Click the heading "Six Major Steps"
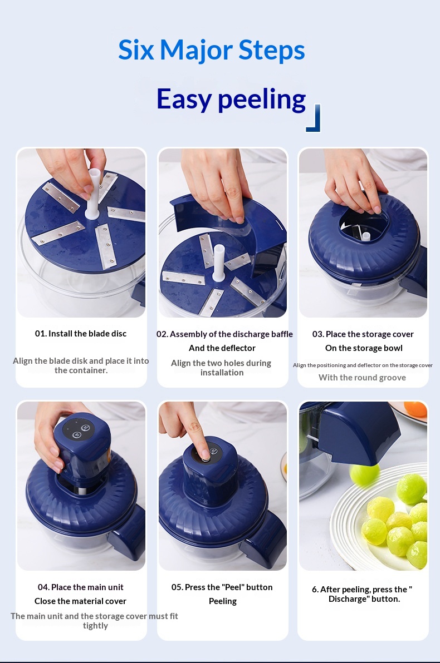point(211,50)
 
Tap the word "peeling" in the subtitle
point(262,100)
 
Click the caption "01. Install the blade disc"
point(81,334)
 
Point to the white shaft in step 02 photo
point(218,263)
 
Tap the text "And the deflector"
point(222,348)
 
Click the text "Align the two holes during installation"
point(222,368)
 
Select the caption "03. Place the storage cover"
point(363,334)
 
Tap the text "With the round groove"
point(363,378)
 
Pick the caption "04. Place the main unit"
point(80,587)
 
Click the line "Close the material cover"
point(80,601)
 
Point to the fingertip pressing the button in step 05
point(204,452)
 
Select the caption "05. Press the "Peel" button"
point(222,587)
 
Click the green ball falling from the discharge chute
point(365,474)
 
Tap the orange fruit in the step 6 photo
point(415,409)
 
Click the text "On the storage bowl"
point(364,348)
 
